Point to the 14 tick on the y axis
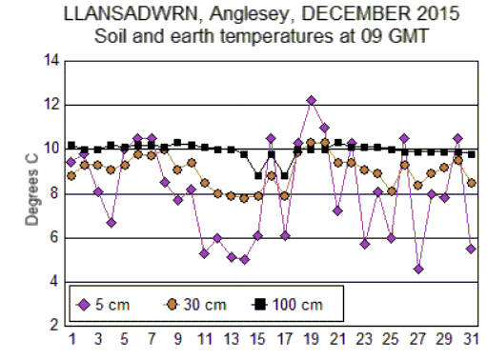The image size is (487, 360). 52,61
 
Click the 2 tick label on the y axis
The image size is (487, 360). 55,326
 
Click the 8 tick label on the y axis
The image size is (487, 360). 55,193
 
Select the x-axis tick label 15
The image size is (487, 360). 257,339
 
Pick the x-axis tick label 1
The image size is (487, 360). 71,339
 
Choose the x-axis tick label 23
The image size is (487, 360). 364,339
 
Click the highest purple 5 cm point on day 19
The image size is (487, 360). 311,100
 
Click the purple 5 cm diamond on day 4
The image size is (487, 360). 112,223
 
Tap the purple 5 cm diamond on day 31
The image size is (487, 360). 471,249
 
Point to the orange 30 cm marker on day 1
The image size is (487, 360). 71,175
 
